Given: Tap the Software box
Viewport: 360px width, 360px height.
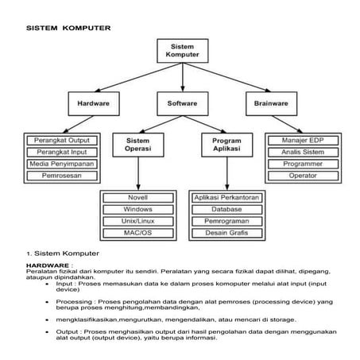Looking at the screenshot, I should (x=182, y=103).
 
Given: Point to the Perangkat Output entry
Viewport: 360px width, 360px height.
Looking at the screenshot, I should (x=61, y=141).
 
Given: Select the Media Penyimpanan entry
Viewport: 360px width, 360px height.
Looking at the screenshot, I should (x=61, y=164).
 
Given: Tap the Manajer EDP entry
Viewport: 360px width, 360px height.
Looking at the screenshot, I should (x=303, y=141).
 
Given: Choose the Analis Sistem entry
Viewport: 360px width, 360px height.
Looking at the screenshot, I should (x=303, y=152).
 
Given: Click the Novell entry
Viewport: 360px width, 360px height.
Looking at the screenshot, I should (x=138, y=197).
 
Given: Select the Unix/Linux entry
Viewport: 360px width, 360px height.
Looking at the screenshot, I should (x=138, y=220).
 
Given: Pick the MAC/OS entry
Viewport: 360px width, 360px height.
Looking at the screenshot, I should (x=138, y=232).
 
